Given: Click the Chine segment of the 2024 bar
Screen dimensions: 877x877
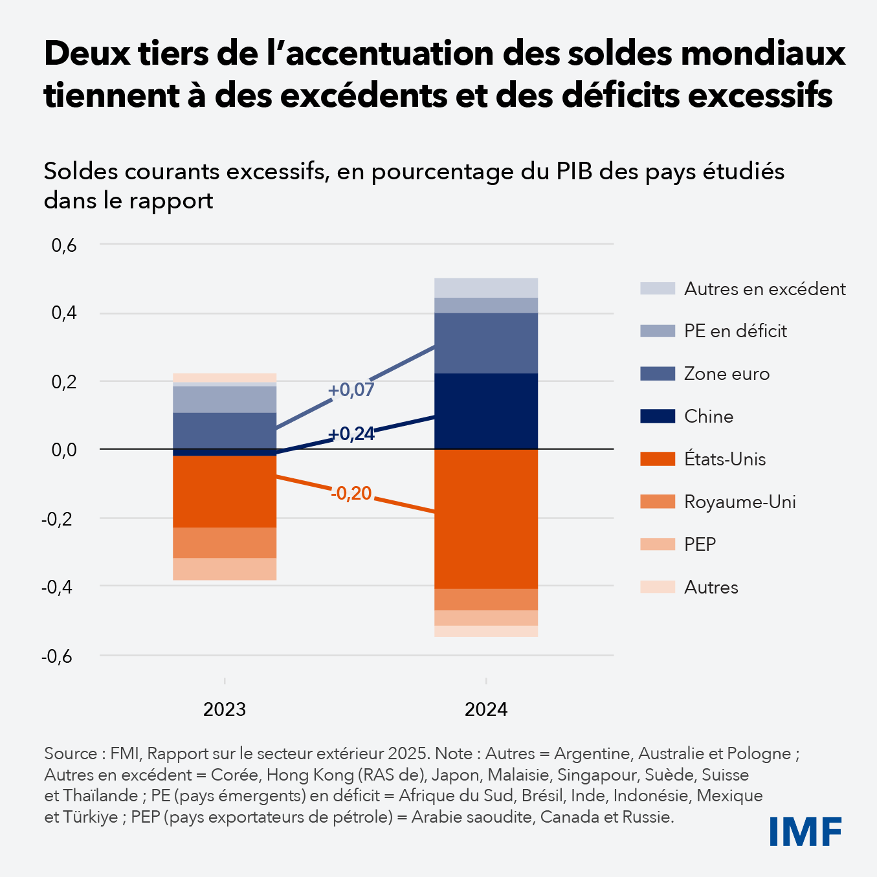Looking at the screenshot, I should (485, 411).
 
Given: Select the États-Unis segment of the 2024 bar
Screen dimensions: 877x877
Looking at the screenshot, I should (485, 518).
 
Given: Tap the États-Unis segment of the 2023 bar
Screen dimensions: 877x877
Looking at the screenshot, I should (225, 492).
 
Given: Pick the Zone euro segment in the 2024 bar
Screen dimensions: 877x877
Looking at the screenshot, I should (485, 343).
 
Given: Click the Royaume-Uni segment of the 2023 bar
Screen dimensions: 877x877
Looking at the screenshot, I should (225, 542).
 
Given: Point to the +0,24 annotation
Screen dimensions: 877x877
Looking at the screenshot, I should (351, 434).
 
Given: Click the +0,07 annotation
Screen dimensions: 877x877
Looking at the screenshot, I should (351, 390).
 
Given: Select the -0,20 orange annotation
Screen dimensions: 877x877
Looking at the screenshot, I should (351, 493).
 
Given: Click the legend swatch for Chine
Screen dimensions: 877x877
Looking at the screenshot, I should (657, 416).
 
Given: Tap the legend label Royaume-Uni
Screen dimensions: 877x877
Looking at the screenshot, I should (740, 502).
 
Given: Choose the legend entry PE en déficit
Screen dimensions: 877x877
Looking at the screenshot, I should (735, 331).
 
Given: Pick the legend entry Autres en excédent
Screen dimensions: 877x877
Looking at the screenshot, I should (764, 289).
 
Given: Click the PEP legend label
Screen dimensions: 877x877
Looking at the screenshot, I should (700, 544).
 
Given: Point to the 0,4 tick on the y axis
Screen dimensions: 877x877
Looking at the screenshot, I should (64, 313).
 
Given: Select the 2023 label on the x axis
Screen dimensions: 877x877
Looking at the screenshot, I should (225, 709).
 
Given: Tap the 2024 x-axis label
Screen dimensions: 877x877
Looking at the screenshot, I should (485, 709).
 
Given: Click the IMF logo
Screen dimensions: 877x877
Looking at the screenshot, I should (805, 831).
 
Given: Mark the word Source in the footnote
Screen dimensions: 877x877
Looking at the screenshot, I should (69, 753).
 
